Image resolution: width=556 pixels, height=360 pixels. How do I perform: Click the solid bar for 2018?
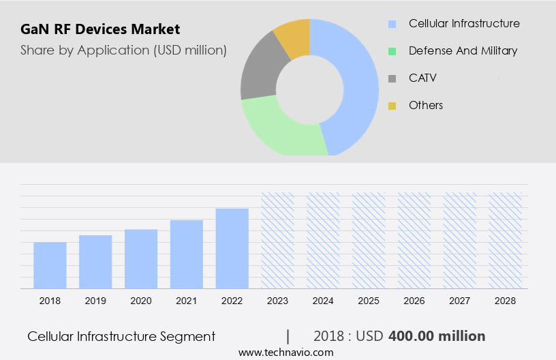click(50, 265)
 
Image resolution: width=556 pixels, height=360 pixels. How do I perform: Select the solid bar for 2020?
click(141, 258)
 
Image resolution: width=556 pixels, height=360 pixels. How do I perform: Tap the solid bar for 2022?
click(232, 248)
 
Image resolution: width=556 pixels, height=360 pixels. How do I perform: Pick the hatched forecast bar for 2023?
click(278, 240)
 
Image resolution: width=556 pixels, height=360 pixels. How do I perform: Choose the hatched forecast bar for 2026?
click(414, 240)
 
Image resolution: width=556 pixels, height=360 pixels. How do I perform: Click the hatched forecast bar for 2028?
click(506, 240)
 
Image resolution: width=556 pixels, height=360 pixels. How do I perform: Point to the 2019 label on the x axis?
click(95, 301)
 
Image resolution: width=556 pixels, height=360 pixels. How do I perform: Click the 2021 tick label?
click(187, 301)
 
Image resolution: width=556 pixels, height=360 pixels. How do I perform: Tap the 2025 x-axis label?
click(369, 301)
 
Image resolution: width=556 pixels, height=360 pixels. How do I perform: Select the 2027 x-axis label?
click(460, 301)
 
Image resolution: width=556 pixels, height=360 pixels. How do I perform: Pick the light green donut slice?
click(279, 130)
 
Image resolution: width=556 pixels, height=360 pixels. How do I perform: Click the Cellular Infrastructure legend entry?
click(463, 24)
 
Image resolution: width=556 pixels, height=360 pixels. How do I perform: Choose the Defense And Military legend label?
click(463, 50)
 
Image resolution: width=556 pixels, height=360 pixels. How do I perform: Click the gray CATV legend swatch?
click(392, 78)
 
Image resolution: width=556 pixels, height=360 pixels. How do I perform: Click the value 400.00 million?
click(437, 336)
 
